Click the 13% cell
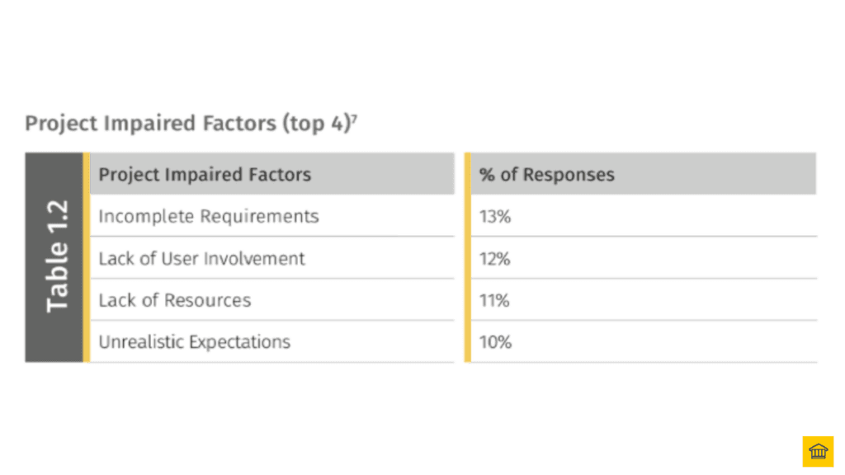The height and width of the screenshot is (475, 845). (x=495, y=217)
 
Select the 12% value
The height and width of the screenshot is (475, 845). (x=495, y=259)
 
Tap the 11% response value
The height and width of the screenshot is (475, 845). (x=494, y=301)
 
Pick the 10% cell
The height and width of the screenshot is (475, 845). (x=495, y=342)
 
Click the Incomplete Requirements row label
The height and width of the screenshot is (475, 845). (x=208, y=217)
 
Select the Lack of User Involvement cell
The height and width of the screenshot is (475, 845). (x=201, y=259)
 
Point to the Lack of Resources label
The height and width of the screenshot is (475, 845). (x=174, y=301)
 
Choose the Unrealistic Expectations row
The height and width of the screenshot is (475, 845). (x=194, y=342)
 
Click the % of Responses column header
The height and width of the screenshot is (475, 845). (x=547, y=175)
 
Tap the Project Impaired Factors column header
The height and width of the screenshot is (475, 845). (x=205, y=175)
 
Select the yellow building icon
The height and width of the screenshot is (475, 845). (x=818, y=451)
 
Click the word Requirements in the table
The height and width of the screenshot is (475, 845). (x=264, y=217)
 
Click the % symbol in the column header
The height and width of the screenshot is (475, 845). (x=487, y=175)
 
